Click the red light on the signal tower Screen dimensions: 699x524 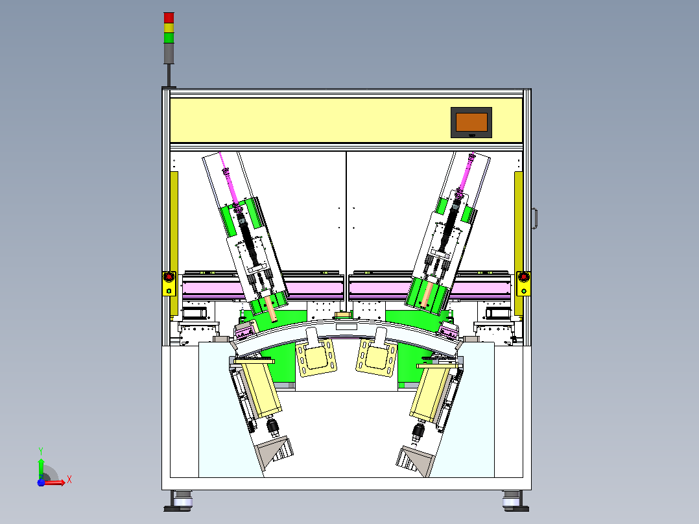pos(169,18)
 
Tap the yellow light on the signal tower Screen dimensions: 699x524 pos(169,28)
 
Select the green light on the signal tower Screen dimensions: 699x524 pos(169,38)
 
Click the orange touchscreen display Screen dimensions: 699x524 pos(471,122)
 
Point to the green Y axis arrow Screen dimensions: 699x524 pos(41,464)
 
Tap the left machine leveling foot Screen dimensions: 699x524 pos(178,501)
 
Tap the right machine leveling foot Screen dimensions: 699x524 pos(515,501)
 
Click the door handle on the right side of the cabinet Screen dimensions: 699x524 pos(534,219)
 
